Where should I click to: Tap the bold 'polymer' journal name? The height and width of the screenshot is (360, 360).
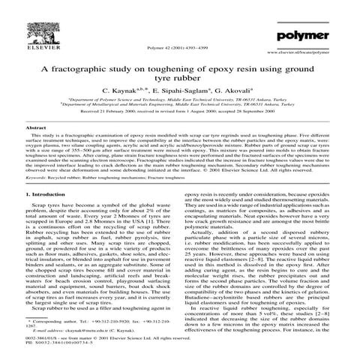(305, 36)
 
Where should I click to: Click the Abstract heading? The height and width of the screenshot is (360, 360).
(36, 129)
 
